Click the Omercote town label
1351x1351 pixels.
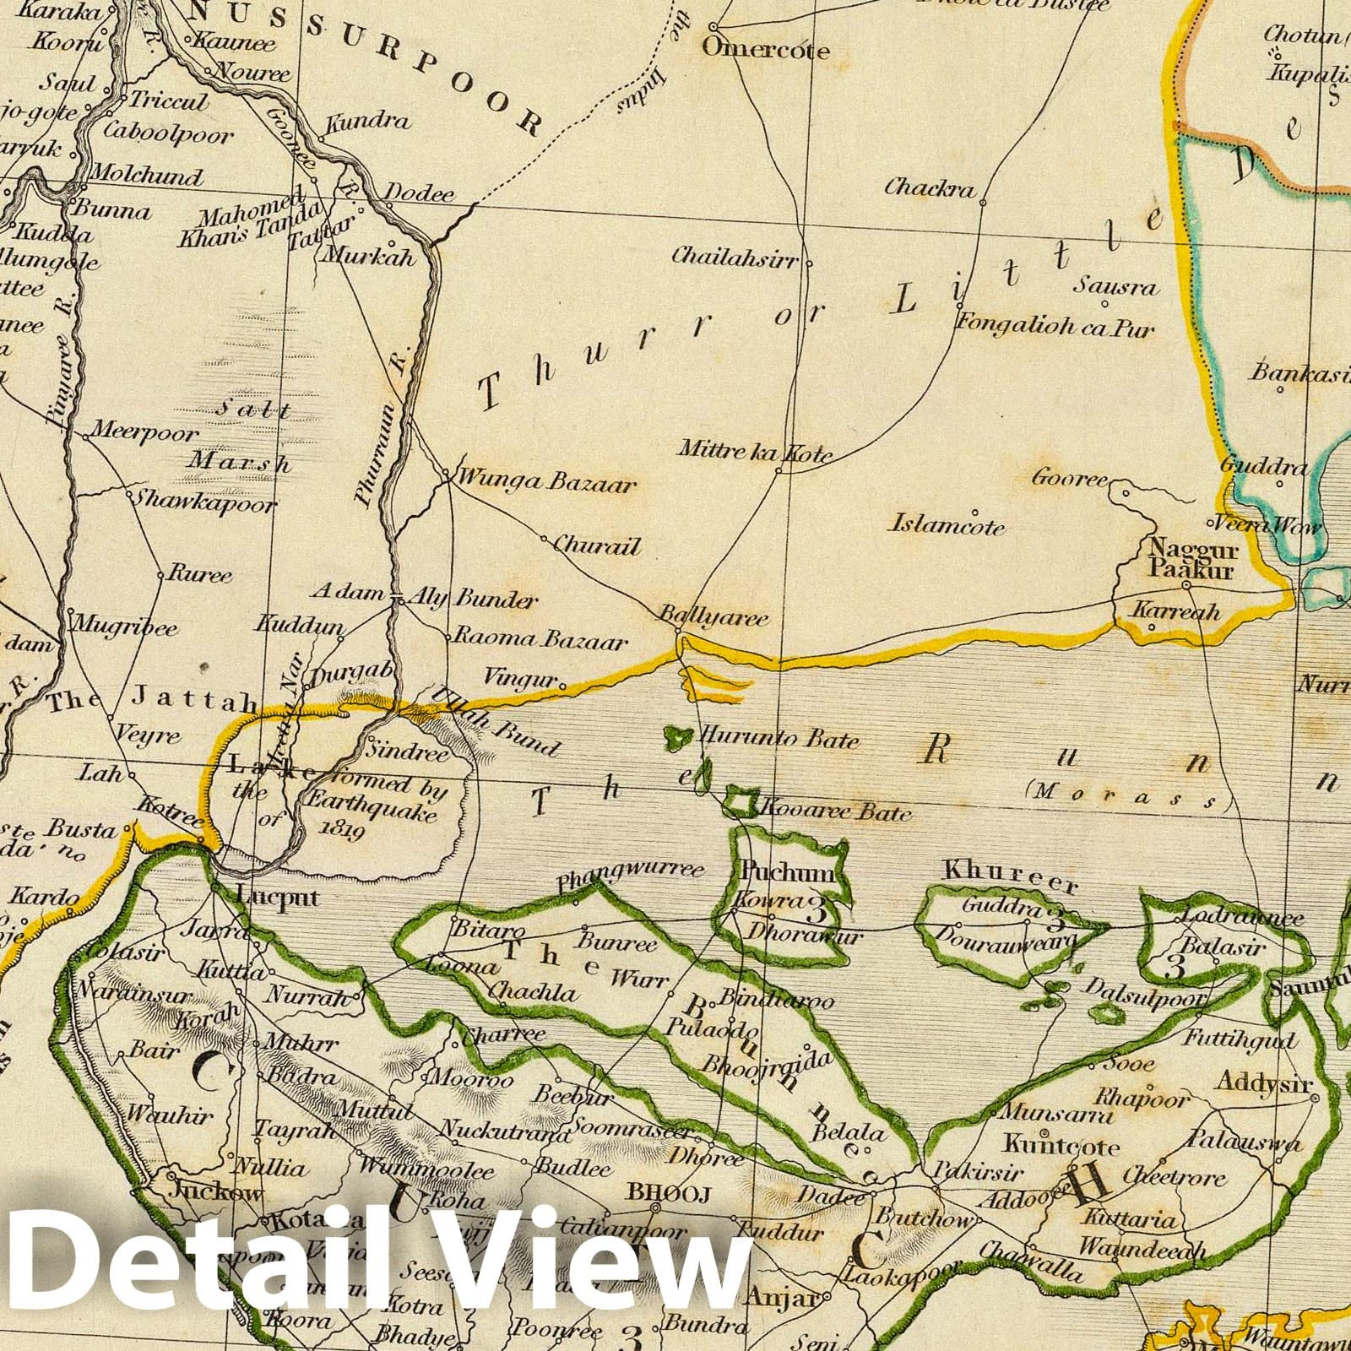coord(767,50)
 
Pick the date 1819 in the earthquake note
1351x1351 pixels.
coord(343,833)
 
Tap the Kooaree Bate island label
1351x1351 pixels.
coord(836,812)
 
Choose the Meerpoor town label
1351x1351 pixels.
coord(144,433)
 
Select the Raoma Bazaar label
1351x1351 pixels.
coord(541,641)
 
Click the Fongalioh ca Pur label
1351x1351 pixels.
coord(1056,326)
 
